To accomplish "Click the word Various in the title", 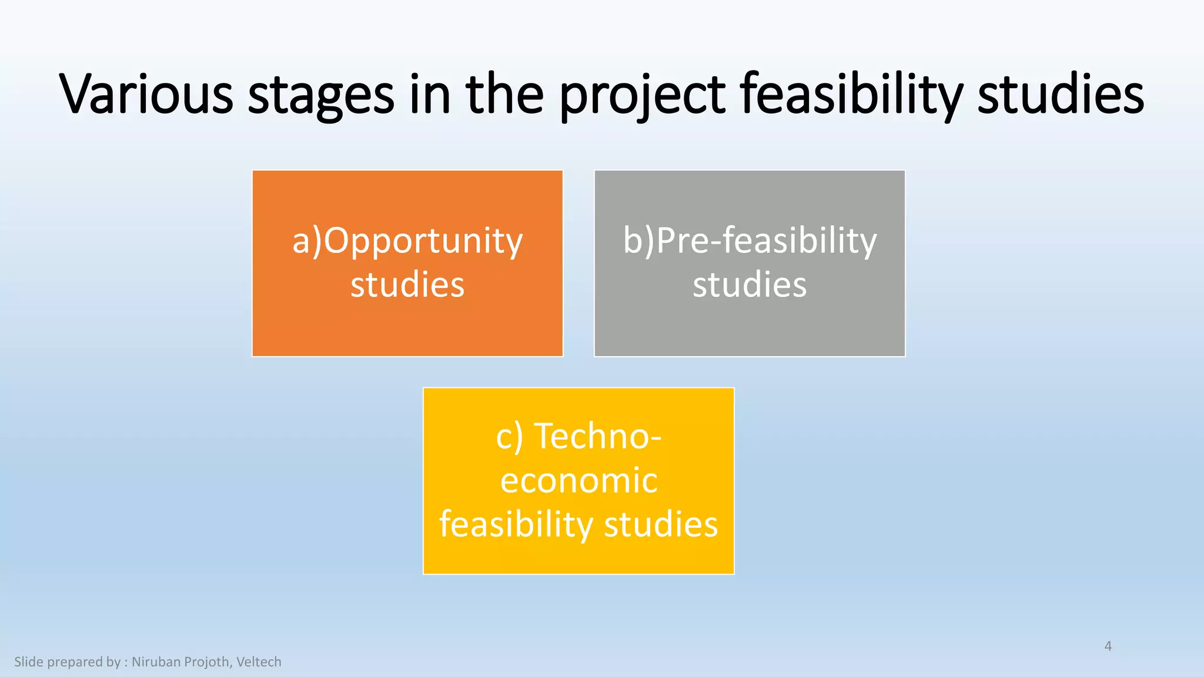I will [146, 94].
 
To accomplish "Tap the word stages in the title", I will [321, 95].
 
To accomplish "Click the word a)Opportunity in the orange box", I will [407, 241].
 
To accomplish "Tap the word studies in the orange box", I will [407, 284].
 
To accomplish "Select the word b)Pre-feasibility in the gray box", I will [750, 241].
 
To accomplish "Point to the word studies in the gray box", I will [750, 284].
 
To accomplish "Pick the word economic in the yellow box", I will [578, 480].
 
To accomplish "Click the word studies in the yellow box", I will [661, 524].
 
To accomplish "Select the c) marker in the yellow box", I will [509, 437].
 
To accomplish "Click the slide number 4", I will [1108, 646].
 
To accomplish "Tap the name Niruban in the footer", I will [156, 662].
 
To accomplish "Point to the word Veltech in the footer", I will [259, 662].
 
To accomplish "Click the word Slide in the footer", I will [29, 662].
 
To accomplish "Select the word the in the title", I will [505, 94].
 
